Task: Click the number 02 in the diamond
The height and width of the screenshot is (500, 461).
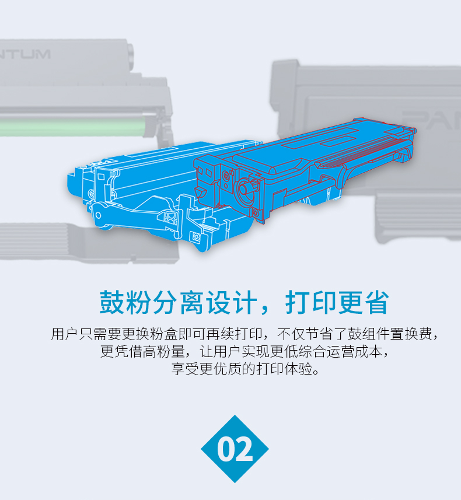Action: click(235, 449)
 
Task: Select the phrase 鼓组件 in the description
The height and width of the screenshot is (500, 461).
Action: click(361, 335)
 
